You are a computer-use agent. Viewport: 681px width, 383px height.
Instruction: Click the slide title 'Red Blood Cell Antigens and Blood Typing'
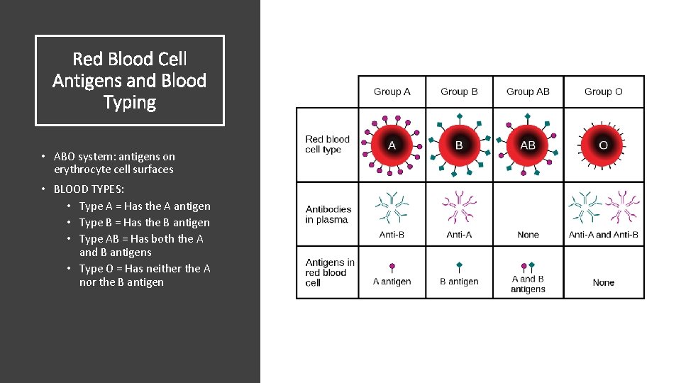(x=130, y=81)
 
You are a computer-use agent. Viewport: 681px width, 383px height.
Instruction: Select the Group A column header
(x=392, y=91)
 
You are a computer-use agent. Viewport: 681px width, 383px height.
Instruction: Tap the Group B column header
(x=459, y=91)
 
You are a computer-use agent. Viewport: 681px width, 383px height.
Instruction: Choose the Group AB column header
(x=528, y=91)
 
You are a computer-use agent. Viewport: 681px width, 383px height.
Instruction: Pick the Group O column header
(x=603, y=91)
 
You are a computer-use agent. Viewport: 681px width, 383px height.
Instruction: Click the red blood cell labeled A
(x=392, y=145)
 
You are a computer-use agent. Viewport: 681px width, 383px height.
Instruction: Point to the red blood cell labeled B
(x=459, y=145)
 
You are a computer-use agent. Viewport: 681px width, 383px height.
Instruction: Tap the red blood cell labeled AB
(x=528, y=145)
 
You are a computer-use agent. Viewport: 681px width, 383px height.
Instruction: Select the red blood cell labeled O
(x=603, y=145)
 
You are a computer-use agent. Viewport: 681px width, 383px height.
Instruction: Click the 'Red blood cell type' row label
(x=327, y=145)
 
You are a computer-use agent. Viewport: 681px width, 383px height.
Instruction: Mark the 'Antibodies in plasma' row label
(x=328, y=214)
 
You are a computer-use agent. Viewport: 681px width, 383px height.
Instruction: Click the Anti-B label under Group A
(x=392, y=235)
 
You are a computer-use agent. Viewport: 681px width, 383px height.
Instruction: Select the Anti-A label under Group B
(x=459, y=235)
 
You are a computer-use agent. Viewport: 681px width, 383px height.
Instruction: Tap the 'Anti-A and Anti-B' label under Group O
(x=603, y=235)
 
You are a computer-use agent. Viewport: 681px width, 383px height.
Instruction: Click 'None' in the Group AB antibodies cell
(x=528, y=235)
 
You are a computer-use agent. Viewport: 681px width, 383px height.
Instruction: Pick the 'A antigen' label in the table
(x=392, y=282)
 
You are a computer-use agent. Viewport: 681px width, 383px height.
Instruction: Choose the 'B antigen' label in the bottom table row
(x=459, y=282)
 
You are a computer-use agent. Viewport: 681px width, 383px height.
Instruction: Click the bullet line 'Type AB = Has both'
(x=141, y=245)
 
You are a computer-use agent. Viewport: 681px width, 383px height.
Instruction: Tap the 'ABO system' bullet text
(x=113, y=162)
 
